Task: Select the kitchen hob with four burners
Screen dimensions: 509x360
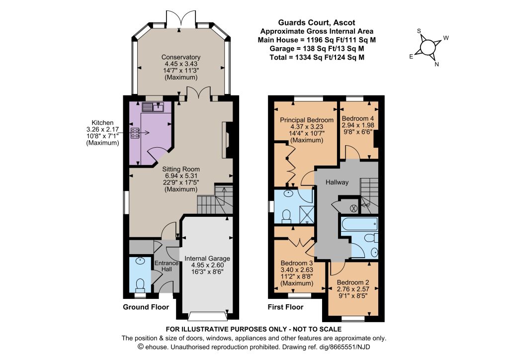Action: coord(135,133)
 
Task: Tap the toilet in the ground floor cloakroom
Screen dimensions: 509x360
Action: coord(140,284)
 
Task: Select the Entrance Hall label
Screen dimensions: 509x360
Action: coord(167,266)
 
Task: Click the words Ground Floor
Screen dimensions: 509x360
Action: coord(146,307)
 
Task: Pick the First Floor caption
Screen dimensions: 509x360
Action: coord(285,307)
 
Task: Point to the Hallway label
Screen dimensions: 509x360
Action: coord(337,182)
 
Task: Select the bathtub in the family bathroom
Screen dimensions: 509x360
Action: coord(359,223)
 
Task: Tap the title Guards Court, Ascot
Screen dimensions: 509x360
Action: coord(317,23)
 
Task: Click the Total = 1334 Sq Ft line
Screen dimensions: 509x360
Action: coord(317,58)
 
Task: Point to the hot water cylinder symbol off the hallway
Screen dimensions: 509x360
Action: coord(353,207)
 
